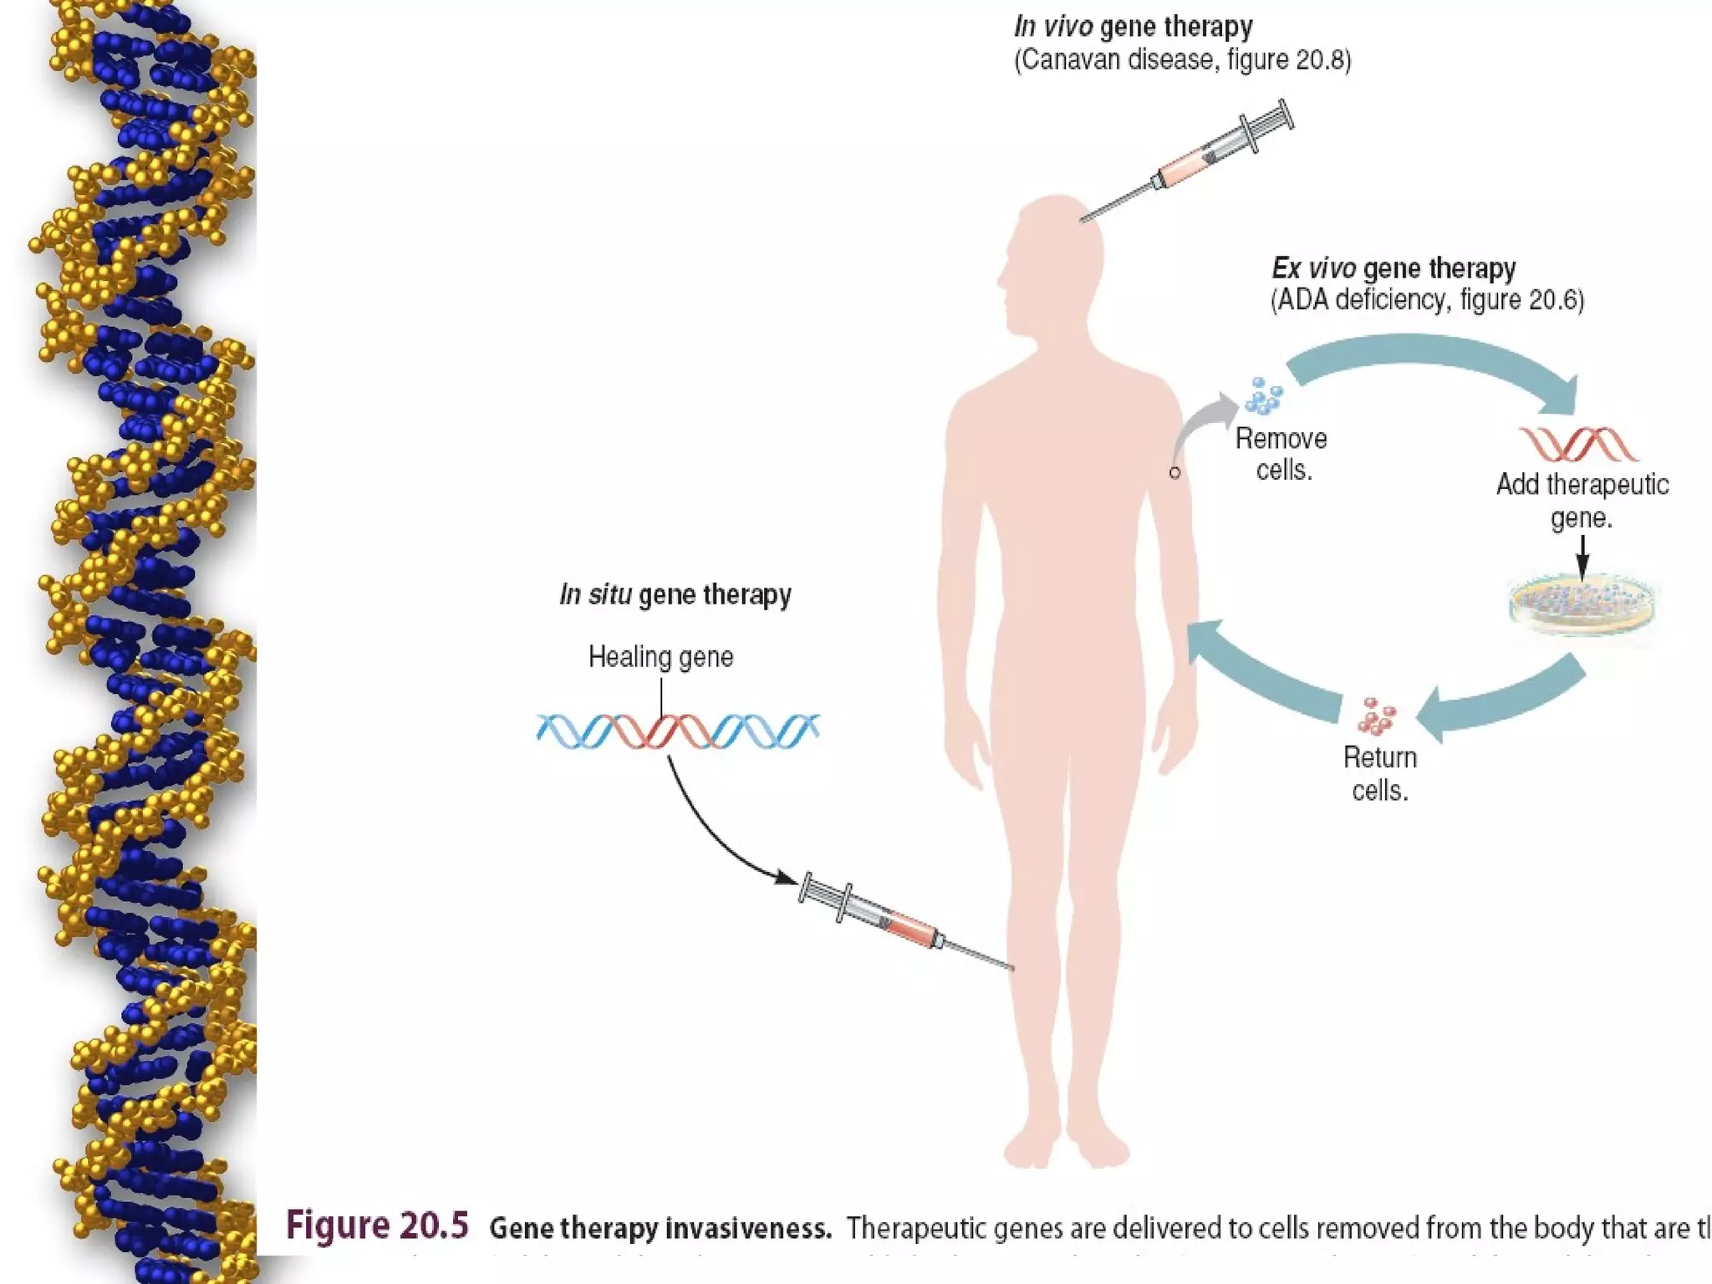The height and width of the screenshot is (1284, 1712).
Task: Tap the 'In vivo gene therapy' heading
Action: coord(1133,27)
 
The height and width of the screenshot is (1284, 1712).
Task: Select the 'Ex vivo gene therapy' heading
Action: coord(1394,268)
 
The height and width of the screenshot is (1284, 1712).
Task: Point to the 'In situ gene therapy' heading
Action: coord(675,594)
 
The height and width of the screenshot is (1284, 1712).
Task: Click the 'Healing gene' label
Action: coord(660,657)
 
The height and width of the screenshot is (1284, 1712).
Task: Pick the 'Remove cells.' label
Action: coord(1281,454)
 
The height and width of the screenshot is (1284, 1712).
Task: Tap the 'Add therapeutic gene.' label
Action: coord(1582,501)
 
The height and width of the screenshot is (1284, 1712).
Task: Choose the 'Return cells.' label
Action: coord(1380,773)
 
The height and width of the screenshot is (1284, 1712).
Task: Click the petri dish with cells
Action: coord(1582,604)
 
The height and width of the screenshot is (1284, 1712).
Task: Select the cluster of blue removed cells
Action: coord(1263,396)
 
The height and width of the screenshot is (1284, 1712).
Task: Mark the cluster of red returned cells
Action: coord(1375,716)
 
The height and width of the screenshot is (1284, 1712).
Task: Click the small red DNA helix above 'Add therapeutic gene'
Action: coord(1578,444)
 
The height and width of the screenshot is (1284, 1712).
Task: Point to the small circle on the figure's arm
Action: coord(1174,472)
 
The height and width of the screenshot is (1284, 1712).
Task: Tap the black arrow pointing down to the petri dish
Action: coord(1582,557)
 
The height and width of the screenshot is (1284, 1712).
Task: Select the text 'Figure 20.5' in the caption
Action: coord(377,1225)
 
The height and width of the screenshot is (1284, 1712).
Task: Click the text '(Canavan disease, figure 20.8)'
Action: coord(1182,60)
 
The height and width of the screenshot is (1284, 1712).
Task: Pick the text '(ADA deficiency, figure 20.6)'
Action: coord(1427,300)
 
